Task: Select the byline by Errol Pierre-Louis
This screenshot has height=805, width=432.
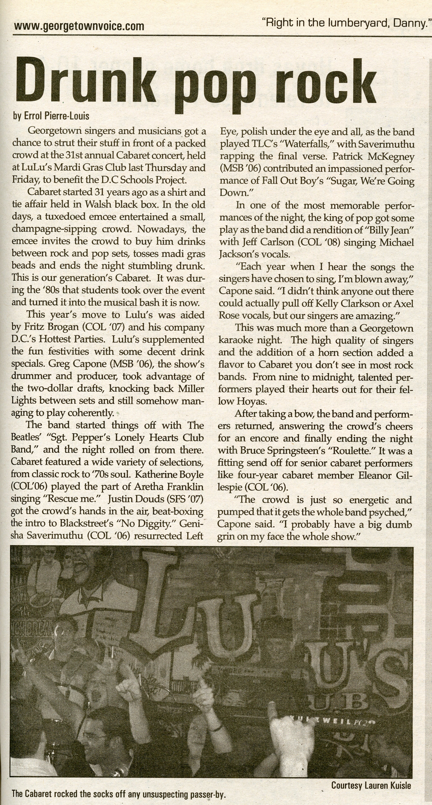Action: [51, 116]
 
